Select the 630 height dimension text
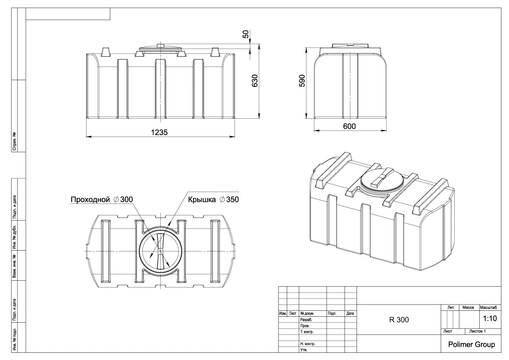255,81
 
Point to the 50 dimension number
245,34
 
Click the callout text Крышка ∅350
214,199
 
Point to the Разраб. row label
306,319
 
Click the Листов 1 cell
476,330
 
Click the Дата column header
350,314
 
